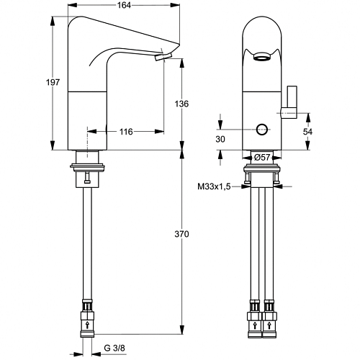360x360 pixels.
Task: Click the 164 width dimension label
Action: (124, 5)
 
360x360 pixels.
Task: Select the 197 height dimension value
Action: (53, 82)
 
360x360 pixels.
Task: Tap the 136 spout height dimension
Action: (181, 104)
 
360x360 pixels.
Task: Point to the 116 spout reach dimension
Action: (126, 132)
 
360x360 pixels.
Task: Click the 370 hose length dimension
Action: (181, 234)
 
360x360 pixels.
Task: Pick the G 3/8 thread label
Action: (114, 348)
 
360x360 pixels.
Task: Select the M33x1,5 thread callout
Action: (214, 186)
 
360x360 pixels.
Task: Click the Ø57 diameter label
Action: (262, 158)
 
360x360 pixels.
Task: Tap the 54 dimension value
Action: (307, 132)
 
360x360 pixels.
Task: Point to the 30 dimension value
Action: (220, 139)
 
